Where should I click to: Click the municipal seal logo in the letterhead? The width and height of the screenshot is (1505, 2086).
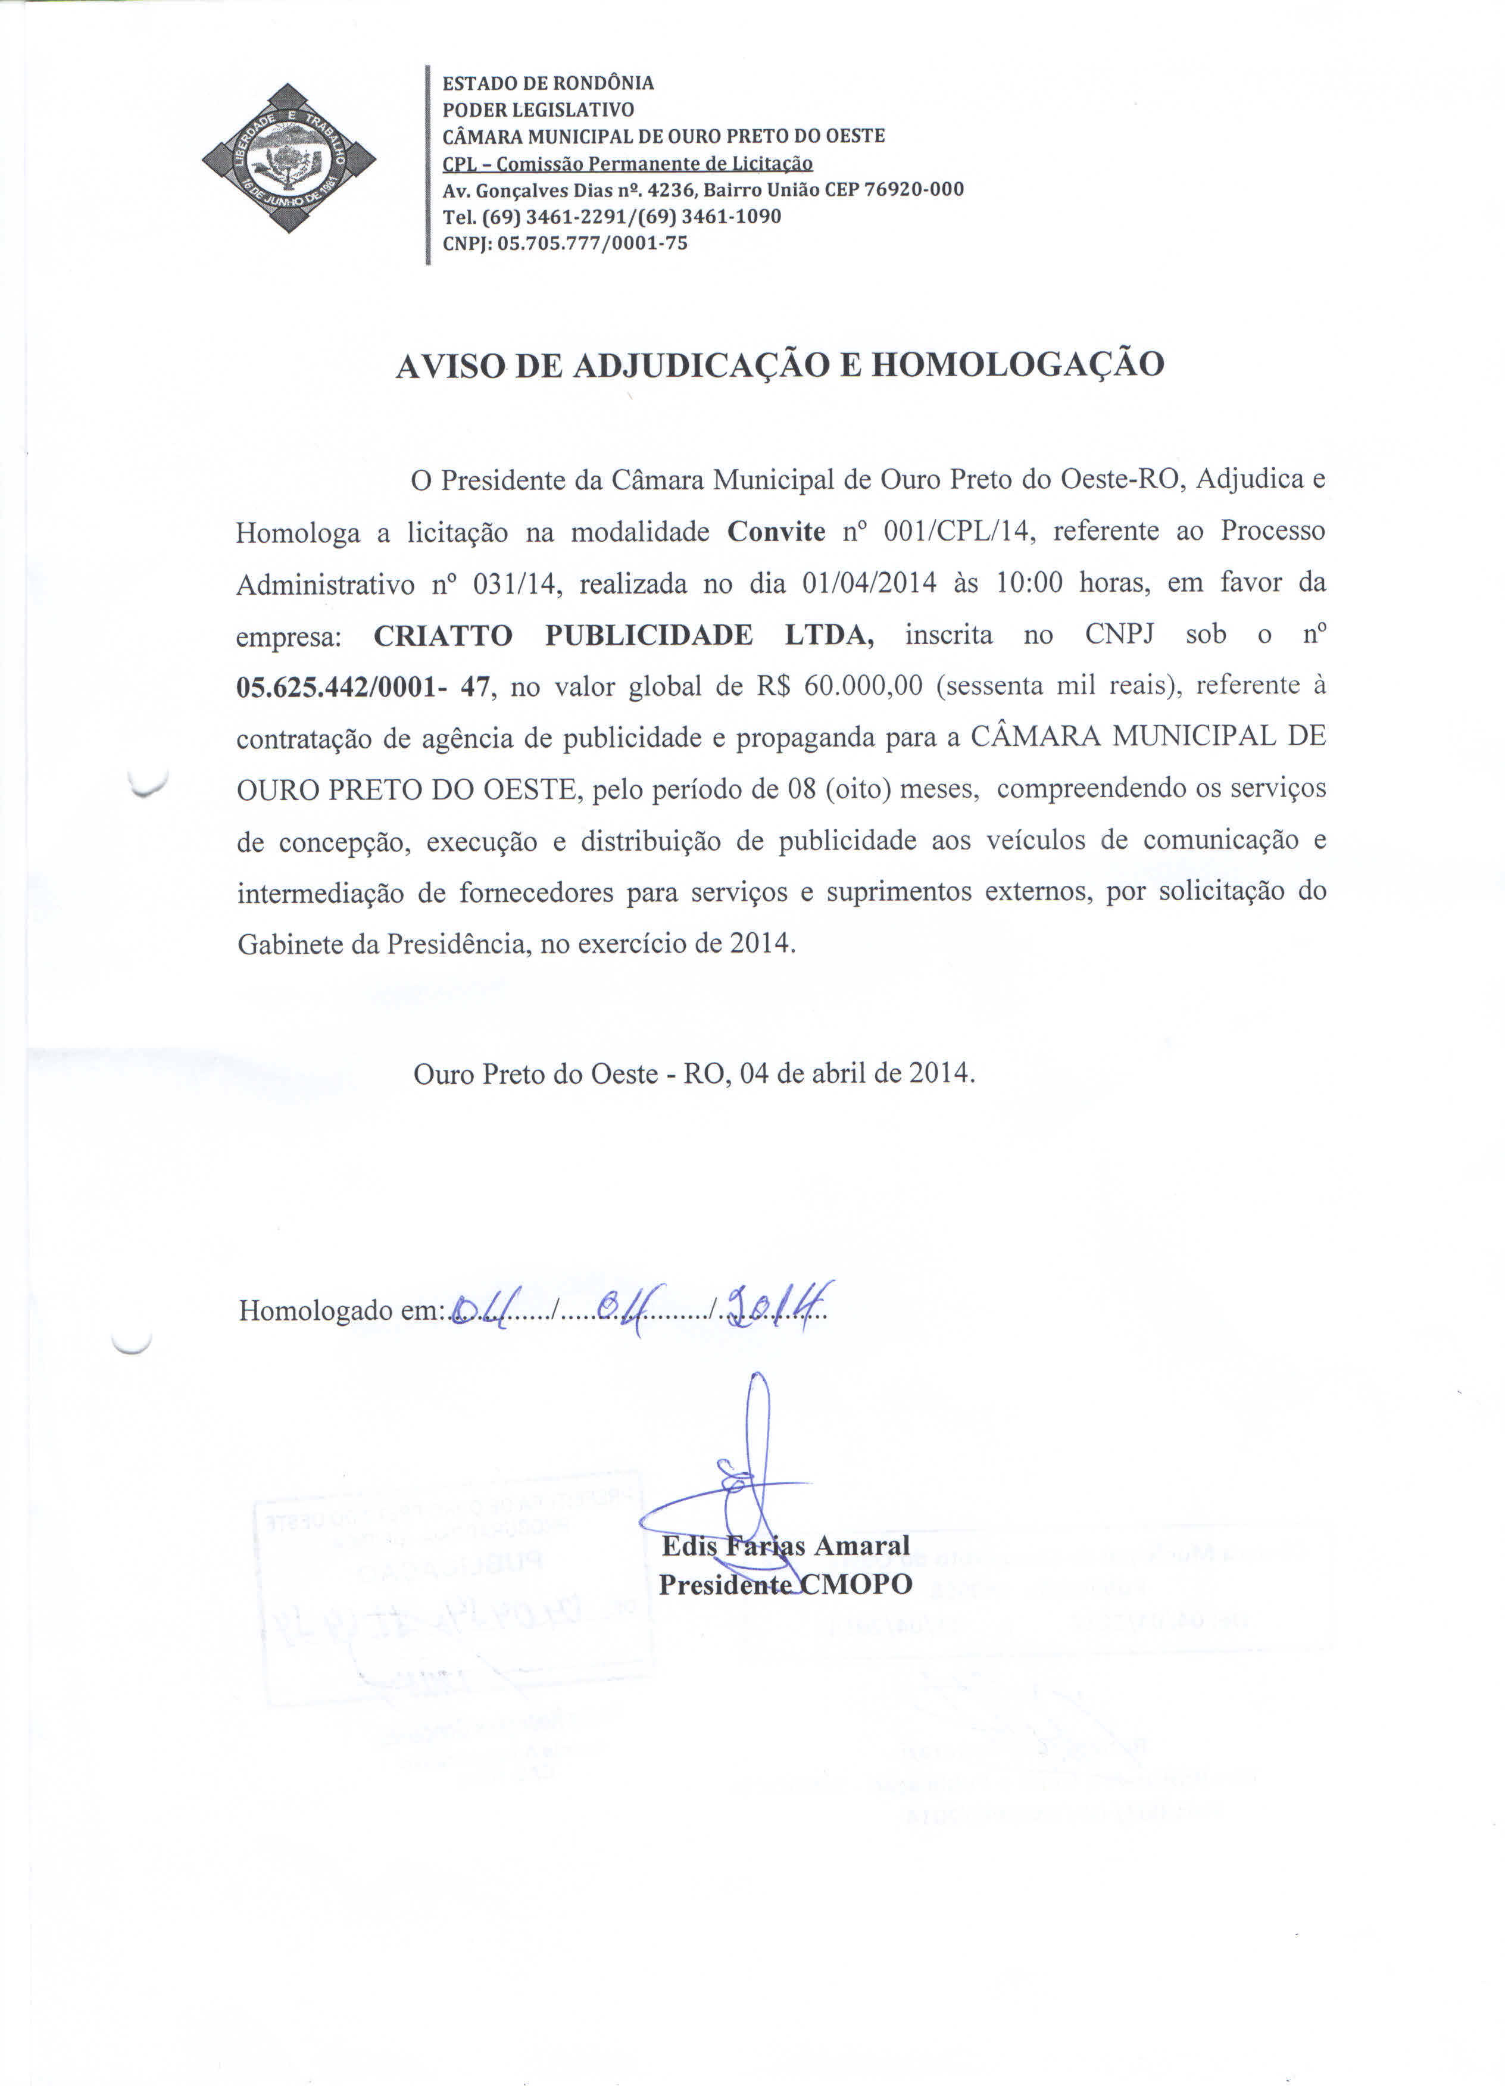click(288, 158)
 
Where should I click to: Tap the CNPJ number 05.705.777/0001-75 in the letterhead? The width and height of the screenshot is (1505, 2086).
click(592, 243)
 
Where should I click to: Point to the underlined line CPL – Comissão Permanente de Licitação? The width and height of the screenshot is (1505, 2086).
click(627, 164)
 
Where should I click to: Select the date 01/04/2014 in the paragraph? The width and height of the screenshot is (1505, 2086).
click(869, 583)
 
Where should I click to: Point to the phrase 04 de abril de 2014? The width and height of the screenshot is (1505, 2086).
click(855, 1073)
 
